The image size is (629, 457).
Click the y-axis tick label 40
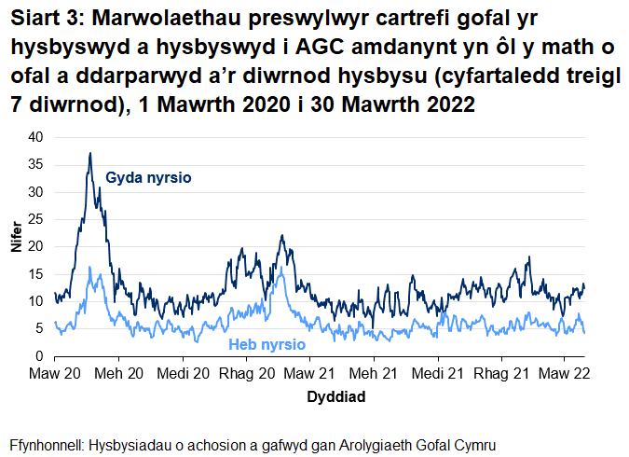pos(35,137)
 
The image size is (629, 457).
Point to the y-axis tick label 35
pos(35,164)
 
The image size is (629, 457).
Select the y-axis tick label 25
pos(35,219)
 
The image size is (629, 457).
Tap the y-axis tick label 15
pos(35,274)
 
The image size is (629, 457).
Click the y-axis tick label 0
pos(39,356)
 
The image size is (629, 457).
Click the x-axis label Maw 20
pos(55,373)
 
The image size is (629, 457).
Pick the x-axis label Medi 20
pos(183,373)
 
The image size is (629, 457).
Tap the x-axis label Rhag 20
pos(246,373)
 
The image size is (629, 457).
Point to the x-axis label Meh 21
pos(374,373)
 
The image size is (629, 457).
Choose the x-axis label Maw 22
pos(565,373)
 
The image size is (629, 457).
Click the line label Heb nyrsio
pos(267,344)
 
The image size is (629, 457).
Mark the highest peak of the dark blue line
pos(89,153)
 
